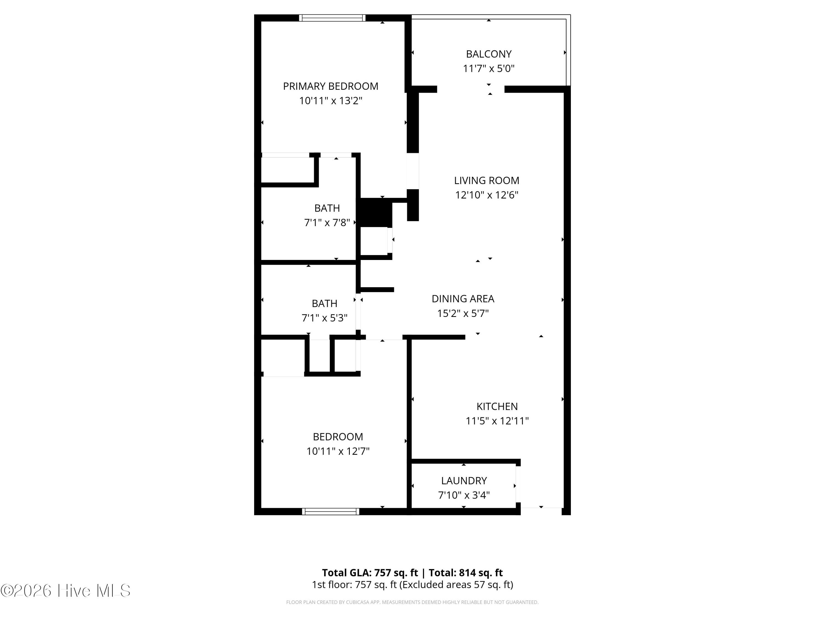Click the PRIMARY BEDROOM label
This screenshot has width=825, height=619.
[331, 86]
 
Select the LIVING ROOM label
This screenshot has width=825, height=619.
[486, 180]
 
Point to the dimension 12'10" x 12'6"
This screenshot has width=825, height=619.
[486, 195]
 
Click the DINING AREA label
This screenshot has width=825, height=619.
[463, 299]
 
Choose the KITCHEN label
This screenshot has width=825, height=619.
[497, 406]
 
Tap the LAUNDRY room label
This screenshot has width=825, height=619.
[464, 481]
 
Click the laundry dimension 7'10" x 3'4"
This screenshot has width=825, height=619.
[464, 495]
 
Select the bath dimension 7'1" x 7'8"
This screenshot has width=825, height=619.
[327, 223]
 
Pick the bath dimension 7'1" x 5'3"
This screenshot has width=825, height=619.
[324, 318]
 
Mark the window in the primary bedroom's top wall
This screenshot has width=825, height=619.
[332, 18]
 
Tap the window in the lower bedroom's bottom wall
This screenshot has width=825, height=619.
[331, 511]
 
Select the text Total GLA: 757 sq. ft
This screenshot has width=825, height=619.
[370, 573]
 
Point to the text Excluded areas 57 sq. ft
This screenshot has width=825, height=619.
[456, 585]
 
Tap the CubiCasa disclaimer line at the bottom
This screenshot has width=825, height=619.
[412, 602]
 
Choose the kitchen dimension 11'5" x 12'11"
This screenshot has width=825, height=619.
[497, 421]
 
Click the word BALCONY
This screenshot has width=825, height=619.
[489, 54]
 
